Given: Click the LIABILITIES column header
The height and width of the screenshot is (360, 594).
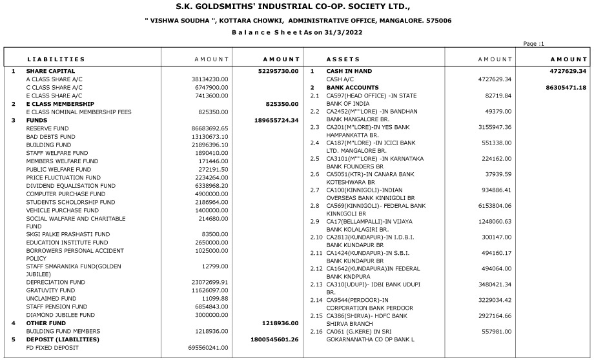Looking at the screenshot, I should click(56, 59).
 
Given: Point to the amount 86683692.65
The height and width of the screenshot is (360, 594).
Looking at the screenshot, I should click(210, 128).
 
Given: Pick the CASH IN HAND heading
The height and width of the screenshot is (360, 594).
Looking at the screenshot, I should click(353, 71).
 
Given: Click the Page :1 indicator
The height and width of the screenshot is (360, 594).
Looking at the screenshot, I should click(534, 44).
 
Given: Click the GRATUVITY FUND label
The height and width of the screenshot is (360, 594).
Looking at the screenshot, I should click(50, 290).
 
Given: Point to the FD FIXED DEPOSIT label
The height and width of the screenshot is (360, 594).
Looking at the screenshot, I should click(52, 348).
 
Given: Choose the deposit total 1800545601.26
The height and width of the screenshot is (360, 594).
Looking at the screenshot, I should click(274, 339).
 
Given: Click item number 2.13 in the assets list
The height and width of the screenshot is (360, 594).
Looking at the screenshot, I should click(316, 284).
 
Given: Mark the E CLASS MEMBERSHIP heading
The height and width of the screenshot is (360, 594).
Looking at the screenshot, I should click(61, 104).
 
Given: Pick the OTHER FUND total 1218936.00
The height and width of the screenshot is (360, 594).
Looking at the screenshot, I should click(280, 323).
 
